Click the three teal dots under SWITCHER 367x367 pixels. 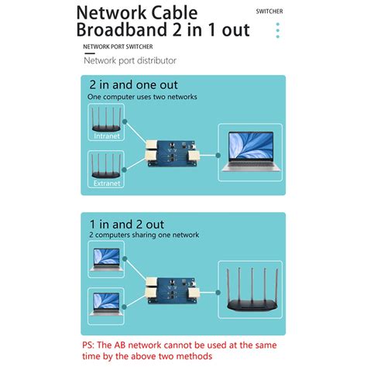(x=277, y=30)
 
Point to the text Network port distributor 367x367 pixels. (x=130, y=60)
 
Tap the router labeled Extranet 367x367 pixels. (x=107, y=166)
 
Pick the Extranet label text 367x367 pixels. (x=107, y=184)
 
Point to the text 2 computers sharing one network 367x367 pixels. (x=144, y=235)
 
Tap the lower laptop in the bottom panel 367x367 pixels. (x=107, y=302)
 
